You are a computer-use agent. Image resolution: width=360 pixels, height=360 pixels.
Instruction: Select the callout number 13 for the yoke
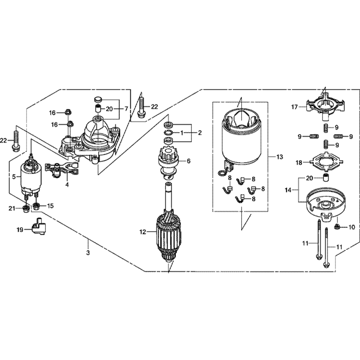280,157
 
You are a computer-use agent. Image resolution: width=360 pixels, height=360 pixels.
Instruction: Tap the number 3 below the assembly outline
87,252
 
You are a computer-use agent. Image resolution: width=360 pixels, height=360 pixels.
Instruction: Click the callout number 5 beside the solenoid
14,176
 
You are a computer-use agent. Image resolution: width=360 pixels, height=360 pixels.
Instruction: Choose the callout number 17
294,107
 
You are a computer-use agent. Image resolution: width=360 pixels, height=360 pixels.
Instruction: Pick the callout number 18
298,163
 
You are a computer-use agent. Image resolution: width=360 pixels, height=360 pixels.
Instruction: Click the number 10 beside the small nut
352,227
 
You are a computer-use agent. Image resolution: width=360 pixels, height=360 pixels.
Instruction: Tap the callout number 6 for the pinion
188,161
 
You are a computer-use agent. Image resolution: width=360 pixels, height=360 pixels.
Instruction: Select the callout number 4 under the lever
67,185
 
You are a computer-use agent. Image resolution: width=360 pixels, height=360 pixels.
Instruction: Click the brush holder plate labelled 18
325,162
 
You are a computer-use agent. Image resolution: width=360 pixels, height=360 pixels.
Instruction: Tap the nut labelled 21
26,208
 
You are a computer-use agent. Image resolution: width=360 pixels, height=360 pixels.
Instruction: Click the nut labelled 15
36,206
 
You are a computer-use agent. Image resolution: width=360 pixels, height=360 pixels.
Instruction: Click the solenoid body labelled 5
31,176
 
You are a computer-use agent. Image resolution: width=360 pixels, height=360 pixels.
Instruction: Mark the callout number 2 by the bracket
200,133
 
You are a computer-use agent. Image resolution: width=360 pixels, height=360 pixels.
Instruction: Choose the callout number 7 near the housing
126,108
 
